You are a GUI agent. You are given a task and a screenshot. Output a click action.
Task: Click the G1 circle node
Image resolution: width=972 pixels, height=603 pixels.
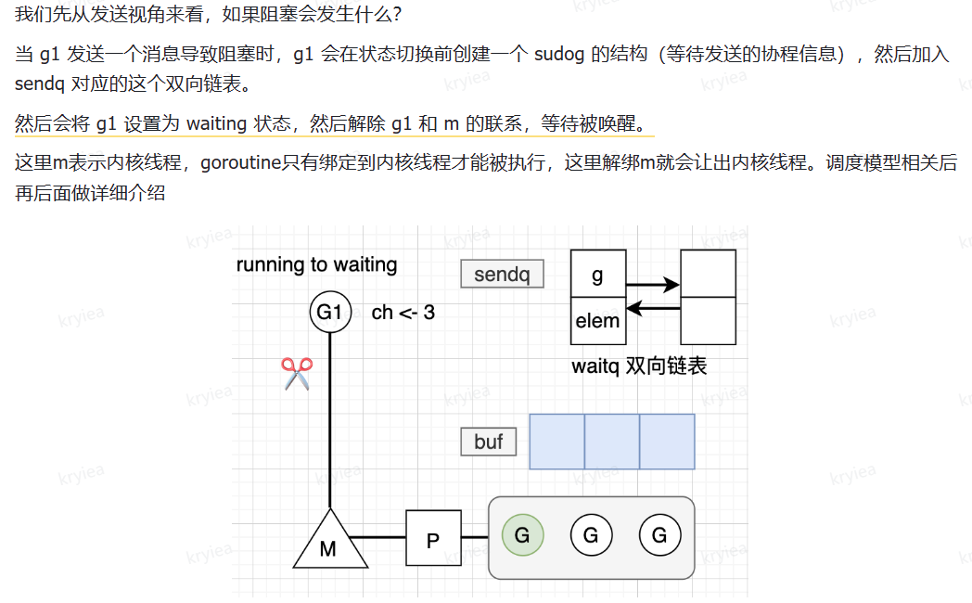(330, 313)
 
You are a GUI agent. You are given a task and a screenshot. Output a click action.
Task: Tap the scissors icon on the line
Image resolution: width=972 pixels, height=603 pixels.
(297, 374)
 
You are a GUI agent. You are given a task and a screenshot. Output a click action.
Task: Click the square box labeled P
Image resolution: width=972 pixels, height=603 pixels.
(433, 538)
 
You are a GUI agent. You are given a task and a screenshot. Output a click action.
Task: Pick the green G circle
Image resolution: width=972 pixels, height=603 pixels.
(522, 535)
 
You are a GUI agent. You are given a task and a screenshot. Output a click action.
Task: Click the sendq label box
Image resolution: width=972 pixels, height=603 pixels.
(502, 275)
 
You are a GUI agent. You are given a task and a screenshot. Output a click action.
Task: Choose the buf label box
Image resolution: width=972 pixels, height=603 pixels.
(489, 442)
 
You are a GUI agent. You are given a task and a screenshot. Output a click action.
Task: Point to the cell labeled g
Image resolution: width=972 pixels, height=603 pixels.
(597, 275)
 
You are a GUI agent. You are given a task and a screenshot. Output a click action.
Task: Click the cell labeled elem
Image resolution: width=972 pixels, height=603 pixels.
(597, 321)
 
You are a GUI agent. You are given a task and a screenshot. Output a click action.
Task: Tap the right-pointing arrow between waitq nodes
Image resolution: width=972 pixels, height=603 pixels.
(653, 285)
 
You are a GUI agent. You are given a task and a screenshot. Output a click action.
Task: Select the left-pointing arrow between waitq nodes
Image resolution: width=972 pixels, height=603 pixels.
(653, 308)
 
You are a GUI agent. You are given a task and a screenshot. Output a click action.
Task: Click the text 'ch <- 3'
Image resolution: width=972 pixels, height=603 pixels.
(403, 313)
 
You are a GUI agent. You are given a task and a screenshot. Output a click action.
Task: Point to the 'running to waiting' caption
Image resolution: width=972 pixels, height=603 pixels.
(316, 265)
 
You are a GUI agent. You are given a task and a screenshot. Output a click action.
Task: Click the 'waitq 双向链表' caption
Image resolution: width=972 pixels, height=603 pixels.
(639, 366)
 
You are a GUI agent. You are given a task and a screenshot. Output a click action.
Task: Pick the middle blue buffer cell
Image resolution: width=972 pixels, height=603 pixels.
(612, 442)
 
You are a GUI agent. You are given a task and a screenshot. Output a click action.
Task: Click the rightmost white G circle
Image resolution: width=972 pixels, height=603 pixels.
(659, 535)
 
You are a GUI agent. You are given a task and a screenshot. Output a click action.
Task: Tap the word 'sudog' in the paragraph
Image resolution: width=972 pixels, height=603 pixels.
(560, 55)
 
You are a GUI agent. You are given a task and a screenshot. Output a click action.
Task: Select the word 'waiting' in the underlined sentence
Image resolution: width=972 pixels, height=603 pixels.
(216, 124)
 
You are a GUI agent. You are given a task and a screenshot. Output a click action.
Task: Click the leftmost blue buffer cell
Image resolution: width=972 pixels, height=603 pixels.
(556, 442)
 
